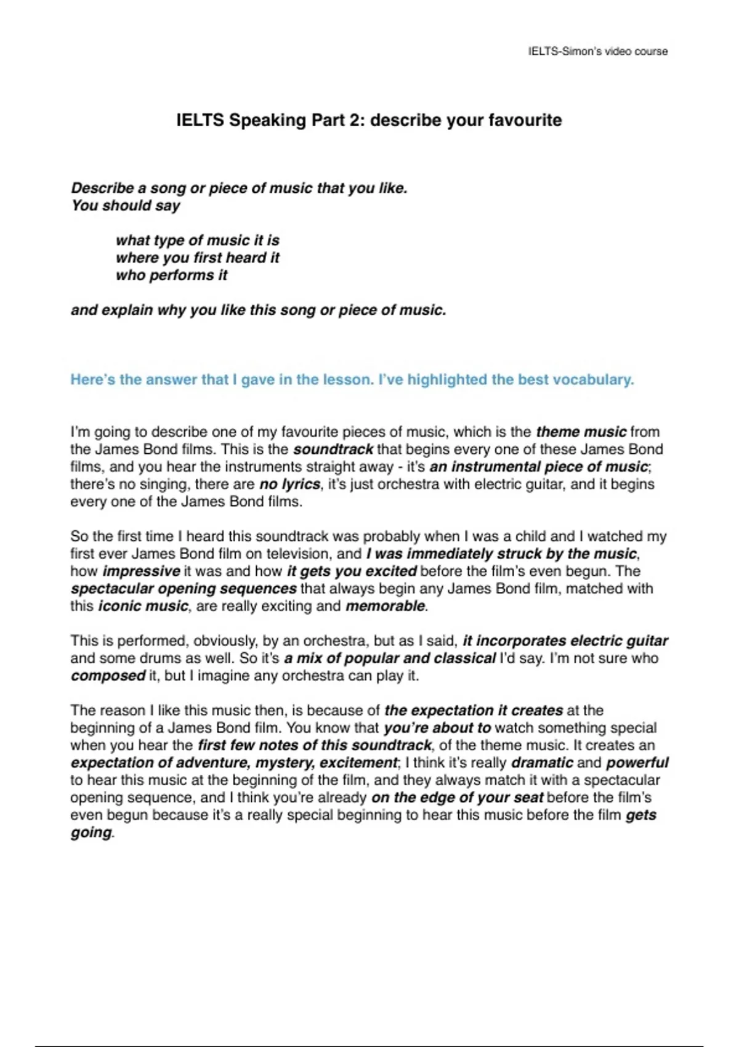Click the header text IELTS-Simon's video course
pyautogui.click(x=597, y=51)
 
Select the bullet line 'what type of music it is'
pyautogui.click(x=197, y=240)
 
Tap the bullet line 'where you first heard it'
pyautogui.click(x=197, y=257)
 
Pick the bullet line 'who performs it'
pyautogui.click(x=171, y=275)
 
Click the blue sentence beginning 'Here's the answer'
pyautogui.click(x=352, y=379)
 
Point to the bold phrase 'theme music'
pyautogui.click(x=581, y=432)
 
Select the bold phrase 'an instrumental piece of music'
pyautogui.click(x=539, y=467)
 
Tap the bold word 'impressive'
pyautogui.click(x=141, y=571)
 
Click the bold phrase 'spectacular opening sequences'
pyautogui.click(x=184, y=588)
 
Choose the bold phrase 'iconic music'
pyautogui.click(x=143, y=606)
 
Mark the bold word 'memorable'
pyautogui.click(x=385, y=606)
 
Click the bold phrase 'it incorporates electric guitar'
pyautogui.click(x=565, y=641)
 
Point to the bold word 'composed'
pyautogui.click(x=108, y=676)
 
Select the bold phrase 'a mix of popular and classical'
pyautogui.click(x=390, y=658)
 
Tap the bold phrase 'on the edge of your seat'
pyautogui.click(x=457, y=798)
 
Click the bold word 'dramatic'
pyautogui.click(x=542, y=762)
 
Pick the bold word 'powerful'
pyautogui.click(x=637, y=762)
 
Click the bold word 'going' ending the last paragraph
pyautogui.click(x=91, y=833)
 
